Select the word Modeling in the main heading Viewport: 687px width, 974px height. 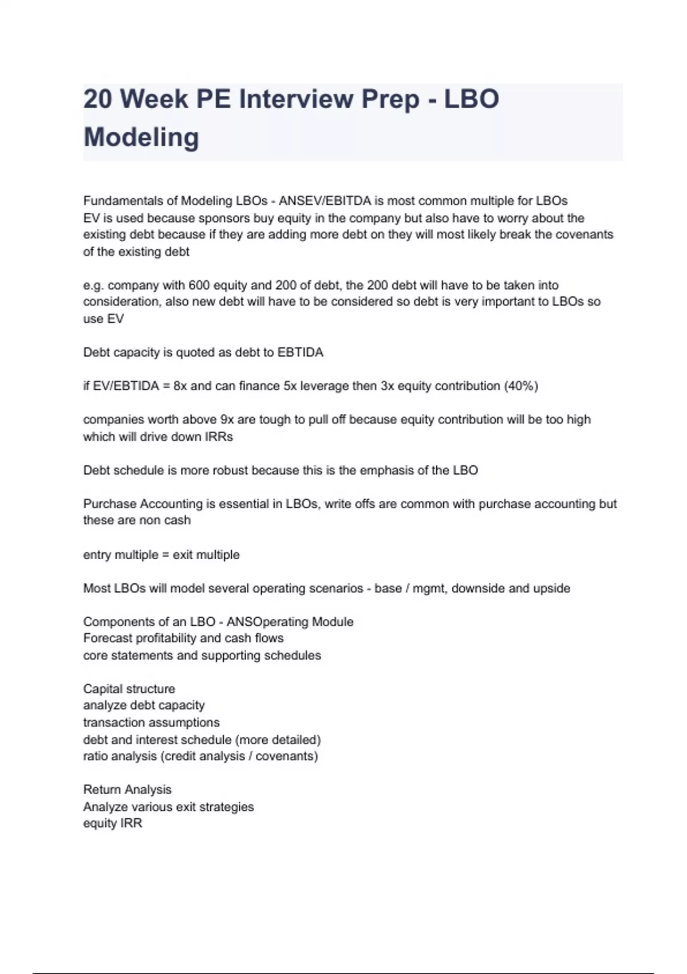coord(141,138)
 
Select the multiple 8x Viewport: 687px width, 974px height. coord(180,386)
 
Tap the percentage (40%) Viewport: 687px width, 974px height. coord(520,386)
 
